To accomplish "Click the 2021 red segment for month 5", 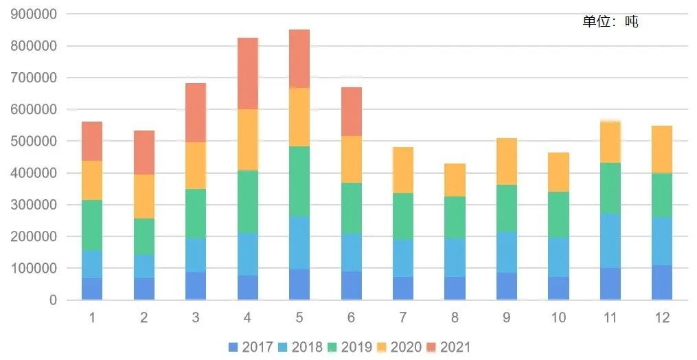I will (x=299, y=59).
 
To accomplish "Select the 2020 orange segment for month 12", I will (x=662, y=150).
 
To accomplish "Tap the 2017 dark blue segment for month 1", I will (x=92, y=289).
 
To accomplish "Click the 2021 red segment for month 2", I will (x=144, y=153).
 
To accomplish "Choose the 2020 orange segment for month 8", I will (x=455, y=180).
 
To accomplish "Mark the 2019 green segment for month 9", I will (x=507, y=209).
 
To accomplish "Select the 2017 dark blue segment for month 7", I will (x=403, y=289).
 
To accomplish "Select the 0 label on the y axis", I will (x=53, y=300).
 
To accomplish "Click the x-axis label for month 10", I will (x=558, y=317).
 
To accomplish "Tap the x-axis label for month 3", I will (x=196, y=317).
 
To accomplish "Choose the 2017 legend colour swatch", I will (x=233, y=348).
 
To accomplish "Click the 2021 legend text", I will (x=456, y=348).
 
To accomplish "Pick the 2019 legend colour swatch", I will (x=333, y=348).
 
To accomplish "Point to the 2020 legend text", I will (x=406, y=348).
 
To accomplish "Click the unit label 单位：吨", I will (x=610, y=22).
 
